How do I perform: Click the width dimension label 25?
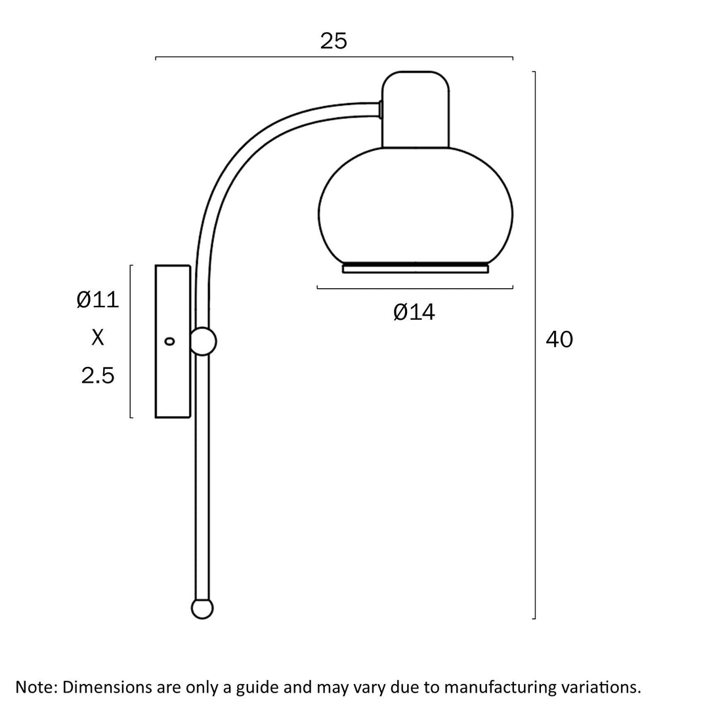tap(333, 41)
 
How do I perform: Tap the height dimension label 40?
tap(559, 339)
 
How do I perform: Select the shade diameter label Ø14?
tap(414, 312)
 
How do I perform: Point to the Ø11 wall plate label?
tap(98, 299)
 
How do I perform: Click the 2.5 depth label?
tap(98, 376)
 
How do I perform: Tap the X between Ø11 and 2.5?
tap(98, 337)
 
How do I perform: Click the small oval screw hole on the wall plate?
tap(169, 341)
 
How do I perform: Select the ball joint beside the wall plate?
tap(203, 341)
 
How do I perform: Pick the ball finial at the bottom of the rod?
tap(202, 609)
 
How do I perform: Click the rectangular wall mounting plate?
tap(173, 341)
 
